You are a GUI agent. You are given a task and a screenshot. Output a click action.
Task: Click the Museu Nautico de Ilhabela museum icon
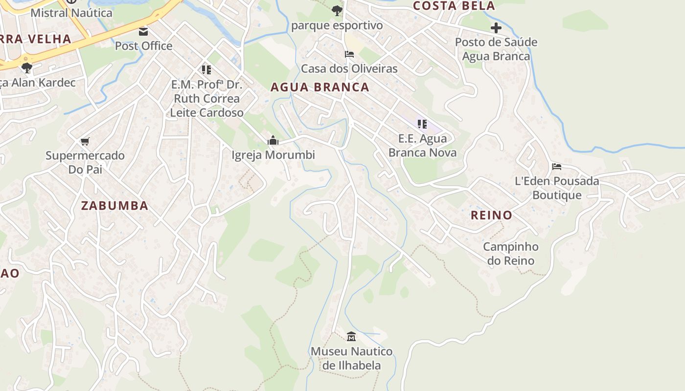(x=351, y=336)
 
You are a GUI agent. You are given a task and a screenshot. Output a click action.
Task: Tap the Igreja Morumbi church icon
(x=273, y=141)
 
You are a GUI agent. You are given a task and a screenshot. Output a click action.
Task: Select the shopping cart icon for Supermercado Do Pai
(x=85, y=142)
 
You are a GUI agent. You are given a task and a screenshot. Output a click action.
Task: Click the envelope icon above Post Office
(x=143, y=32)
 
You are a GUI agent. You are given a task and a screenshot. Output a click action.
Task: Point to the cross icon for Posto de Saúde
(x=496, y=28)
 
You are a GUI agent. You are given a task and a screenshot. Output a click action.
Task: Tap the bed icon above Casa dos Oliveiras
(x=349, y=54)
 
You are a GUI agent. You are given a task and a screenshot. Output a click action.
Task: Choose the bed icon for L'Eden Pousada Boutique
(x=557, y=167)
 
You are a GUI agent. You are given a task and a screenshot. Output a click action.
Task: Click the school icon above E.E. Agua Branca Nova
(x=422, y=124)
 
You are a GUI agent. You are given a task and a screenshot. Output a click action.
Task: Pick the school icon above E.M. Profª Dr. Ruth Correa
(x=206, y=70)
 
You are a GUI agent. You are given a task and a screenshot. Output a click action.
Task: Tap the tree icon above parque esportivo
(x=337, y=10)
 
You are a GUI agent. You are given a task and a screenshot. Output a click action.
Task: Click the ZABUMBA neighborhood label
(x=114, y=206)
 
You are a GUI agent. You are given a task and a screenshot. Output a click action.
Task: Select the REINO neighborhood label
(x=491, y=215)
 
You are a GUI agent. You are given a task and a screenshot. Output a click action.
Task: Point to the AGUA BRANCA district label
(x=320, y=87)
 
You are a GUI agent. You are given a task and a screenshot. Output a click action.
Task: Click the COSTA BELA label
(x=454, y=6)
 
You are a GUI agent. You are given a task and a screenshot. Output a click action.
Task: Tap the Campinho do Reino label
(x=511, y=254)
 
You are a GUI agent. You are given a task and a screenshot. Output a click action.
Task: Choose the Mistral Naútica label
(x=71, y=13)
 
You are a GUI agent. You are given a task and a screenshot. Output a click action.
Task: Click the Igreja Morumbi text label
(x=273, y=155)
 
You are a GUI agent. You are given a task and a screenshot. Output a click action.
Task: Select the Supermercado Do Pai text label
(x=85, y=163)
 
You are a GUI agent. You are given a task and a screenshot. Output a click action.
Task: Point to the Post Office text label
(x=143, y=46)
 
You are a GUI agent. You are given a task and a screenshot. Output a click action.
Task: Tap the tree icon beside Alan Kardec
(x=27, y=67)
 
